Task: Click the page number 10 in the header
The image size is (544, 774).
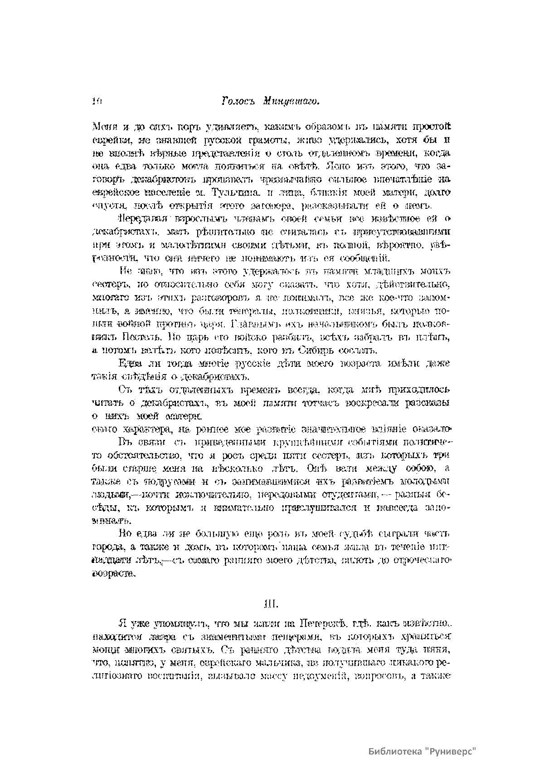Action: (x=96, y=102)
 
